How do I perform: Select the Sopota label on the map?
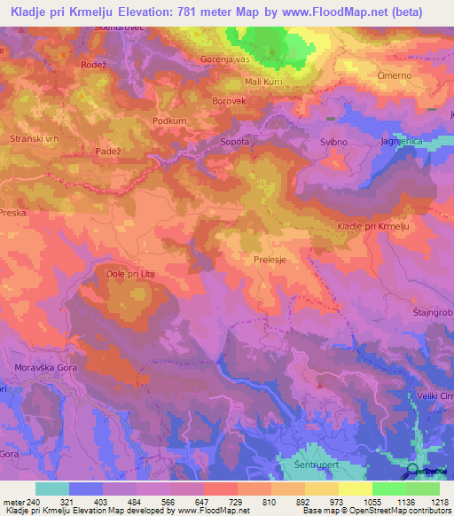tap(234, 141)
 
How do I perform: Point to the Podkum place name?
tap(168, 121)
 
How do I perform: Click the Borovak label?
tap(229, 101)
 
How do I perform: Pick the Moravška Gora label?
tap(42, 367)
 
